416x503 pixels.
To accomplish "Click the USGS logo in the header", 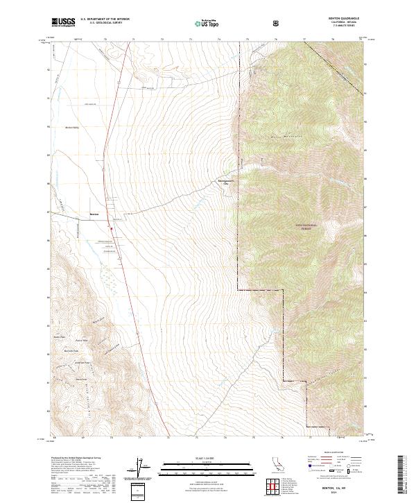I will click(x=63, y=23).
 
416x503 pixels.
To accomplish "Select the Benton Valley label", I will click(x=73, y=128).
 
